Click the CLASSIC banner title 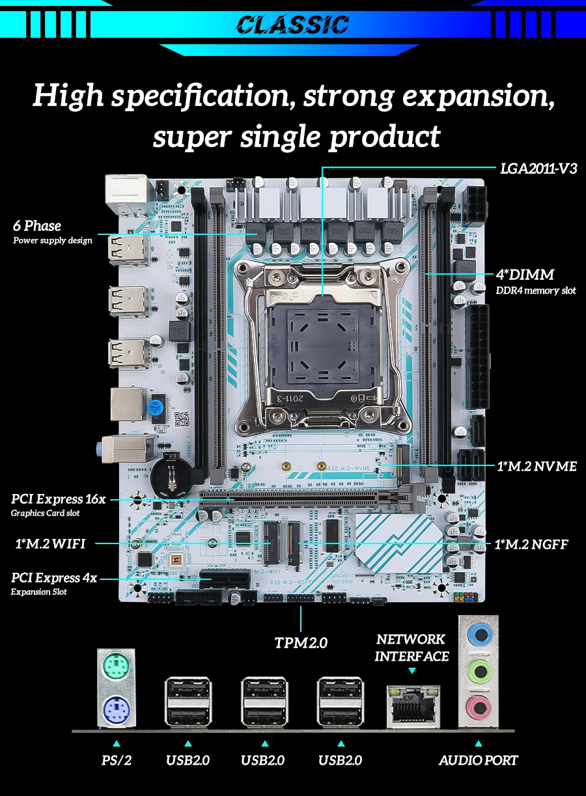292,25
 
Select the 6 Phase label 37,226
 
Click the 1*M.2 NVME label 537,466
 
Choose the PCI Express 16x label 58,499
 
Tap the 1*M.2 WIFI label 50,543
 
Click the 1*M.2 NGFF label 531,544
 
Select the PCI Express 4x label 54,577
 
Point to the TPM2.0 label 301,643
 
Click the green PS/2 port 118,667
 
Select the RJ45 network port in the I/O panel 413,705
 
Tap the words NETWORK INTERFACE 412,648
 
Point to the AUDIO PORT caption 479,760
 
